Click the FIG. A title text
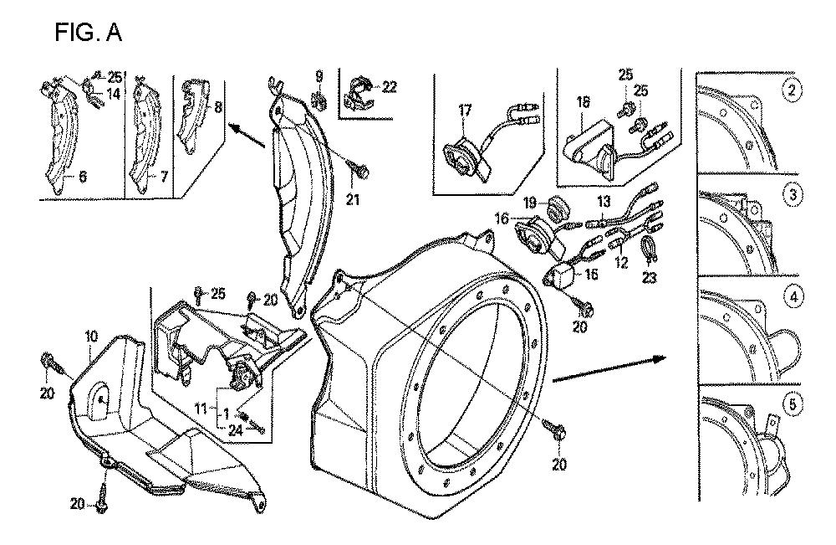tap(88, 33)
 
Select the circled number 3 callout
tap(791, 195)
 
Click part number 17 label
tap(464, 109)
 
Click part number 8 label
tap(218, 107)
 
